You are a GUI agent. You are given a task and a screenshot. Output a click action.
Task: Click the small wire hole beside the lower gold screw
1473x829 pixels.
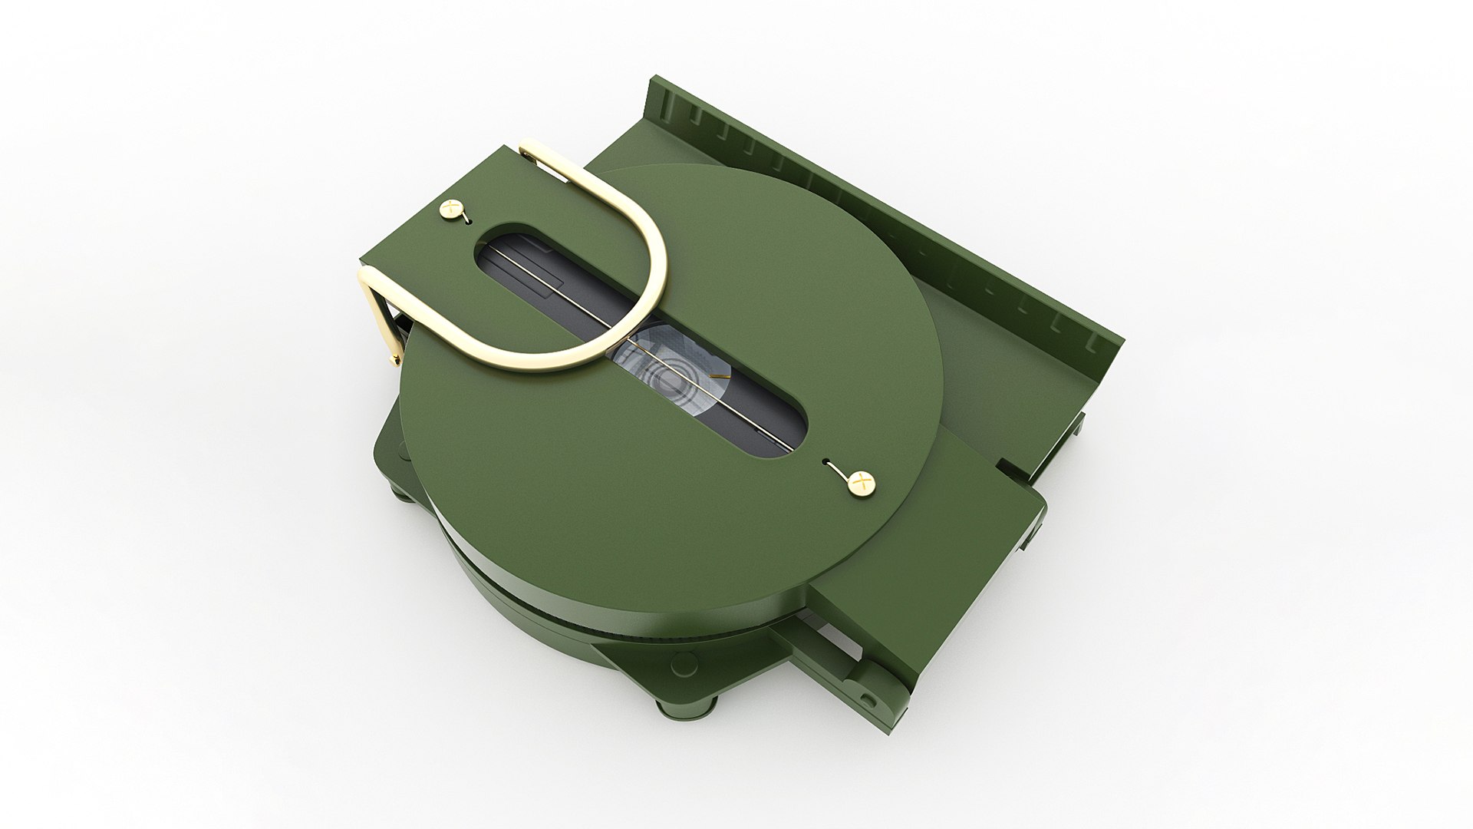point(826,463)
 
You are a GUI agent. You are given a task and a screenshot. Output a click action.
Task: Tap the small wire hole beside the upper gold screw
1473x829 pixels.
point(466,219)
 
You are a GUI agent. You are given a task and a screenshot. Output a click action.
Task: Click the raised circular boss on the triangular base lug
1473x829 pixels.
point(678,665)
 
